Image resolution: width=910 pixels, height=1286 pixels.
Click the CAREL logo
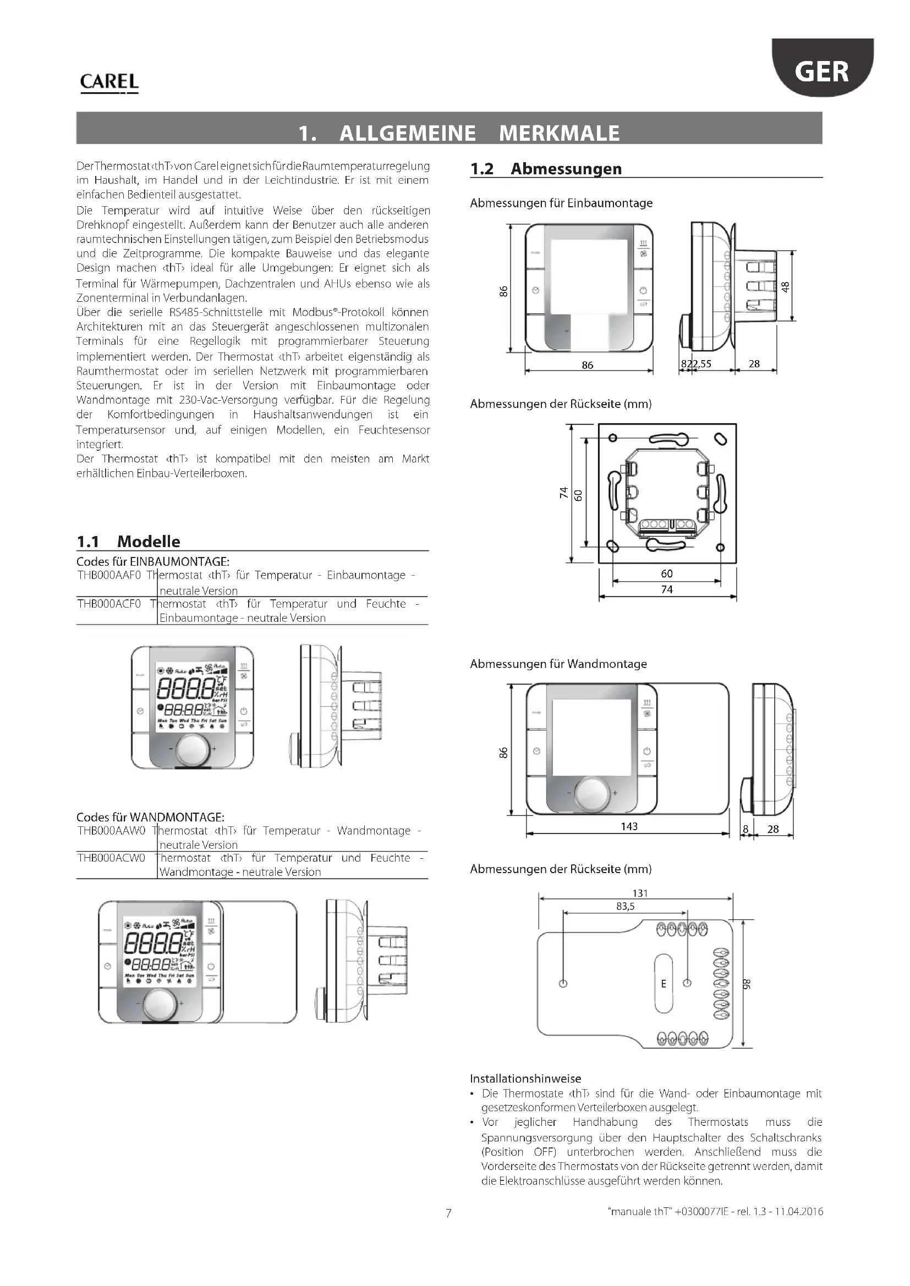(x=109, y=82)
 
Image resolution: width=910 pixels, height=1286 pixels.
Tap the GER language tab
(x=821, y=71)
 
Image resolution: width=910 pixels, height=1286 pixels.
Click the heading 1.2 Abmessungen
(x=546, y=169)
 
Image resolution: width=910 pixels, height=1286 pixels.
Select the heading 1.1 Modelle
(x=128, y=541)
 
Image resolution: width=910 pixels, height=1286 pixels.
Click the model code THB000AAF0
(x=109, y=575)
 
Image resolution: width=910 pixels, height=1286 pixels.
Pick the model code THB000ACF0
(x=109, y=604)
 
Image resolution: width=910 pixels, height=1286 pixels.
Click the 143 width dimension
(x=629, y=826)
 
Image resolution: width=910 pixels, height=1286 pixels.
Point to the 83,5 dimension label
(x=626, y=906)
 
